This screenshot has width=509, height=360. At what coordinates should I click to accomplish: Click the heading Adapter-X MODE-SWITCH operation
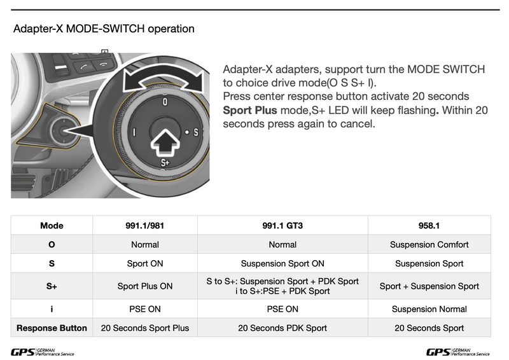[104, 29]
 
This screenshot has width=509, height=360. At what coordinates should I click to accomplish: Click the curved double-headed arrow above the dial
[165, 81]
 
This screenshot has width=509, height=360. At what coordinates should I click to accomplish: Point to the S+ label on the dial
[164, 163]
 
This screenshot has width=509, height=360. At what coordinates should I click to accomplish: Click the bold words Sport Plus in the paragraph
[249, 110]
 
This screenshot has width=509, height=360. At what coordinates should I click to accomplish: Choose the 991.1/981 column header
[145, 225]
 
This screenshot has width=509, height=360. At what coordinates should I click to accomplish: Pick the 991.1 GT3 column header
[282, 225]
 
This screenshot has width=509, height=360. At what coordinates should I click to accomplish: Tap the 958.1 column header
[429, 225]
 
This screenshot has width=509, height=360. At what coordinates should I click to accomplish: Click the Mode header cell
[52, 225]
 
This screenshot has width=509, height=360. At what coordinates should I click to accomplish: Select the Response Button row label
[52, 328]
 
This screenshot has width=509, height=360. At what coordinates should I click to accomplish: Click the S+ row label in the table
[52, 286]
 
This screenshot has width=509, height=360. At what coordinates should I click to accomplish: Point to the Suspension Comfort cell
[429, 244]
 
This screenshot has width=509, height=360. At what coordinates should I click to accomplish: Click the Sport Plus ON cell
[145, 286]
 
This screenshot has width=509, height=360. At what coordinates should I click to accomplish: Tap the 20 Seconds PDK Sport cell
[282, 328]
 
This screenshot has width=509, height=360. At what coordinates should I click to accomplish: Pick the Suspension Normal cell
[429, 309]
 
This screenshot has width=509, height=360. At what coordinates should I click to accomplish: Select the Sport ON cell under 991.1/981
[145, 263]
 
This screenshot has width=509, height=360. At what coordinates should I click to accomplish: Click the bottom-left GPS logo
[42, 352]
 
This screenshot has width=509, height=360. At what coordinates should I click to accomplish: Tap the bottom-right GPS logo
[457, 352]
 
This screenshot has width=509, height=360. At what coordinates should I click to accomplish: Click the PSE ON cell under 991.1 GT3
[282, 309]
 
